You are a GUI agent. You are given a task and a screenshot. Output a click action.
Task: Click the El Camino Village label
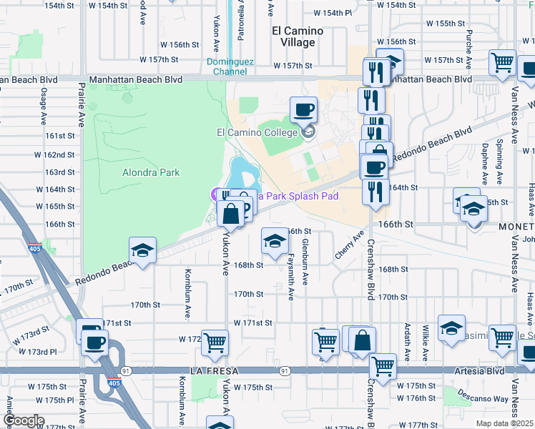298,36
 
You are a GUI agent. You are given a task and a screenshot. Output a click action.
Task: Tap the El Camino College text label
255,132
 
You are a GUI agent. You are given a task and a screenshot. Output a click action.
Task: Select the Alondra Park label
151,172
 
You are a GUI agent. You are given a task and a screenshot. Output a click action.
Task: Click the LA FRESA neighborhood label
213,371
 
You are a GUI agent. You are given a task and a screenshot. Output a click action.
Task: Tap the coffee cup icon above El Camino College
303,110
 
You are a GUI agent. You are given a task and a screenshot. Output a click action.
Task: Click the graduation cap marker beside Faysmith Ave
274,241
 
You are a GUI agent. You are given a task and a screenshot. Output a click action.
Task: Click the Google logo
24,420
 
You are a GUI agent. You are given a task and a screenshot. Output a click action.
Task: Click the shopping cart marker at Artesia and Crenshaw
383,365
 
